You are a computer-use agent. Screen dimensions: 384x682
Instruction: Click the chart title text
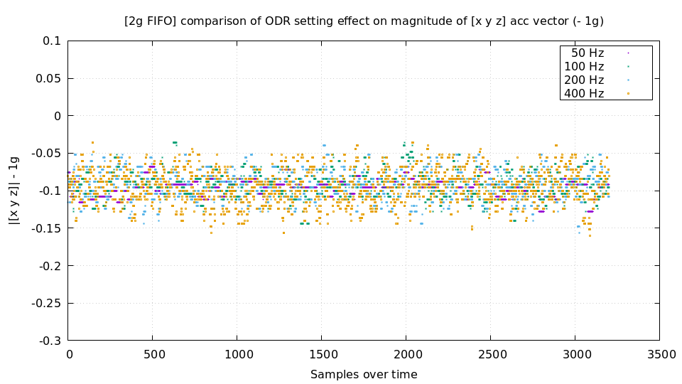(x=364, y=21)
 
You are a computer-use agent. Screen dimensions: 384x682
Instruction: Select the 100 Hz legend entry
(x=584, y=66)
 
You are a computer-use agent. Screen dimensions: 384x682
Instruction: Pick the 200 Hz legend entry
(x=584, y=80)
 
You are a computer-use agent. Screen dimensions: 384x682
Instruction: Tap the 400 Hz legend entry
(x=584, y=93)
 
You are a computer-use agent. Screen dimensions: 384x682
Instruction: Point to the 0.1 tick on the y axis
(x=52, y=41)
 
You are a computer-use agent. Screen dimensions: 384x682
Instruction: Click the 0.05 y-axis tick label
(x=48, y=78)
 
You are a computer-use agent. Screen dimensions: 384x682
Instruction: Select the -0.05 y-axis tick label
(x=46, y=153)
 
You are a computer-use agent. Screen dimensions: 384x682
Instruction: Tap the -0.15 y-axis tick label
(x=46, y=228)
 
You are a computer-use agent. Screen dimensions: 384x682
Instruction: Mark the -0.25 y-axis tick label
(x=46, y=303)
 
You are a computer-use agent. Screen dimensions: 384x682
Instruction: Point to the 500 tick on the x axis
(x=153, y=354)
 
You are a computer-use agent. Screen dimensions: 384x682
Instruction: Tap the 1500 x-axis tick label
(x=321, y=354)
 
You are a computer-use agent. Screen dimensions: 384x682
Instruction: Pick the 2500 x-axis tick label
(x=490, y=354)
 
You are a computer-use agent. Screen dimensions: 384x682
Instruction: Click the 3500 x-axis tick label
(x=659, y=354)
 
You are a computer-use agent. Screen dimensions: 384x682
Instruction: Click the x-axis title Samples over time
(x=364, y=374)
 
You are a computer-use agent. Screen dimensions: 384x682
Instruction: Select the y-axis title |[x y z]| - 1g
(x=13, y=191)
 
